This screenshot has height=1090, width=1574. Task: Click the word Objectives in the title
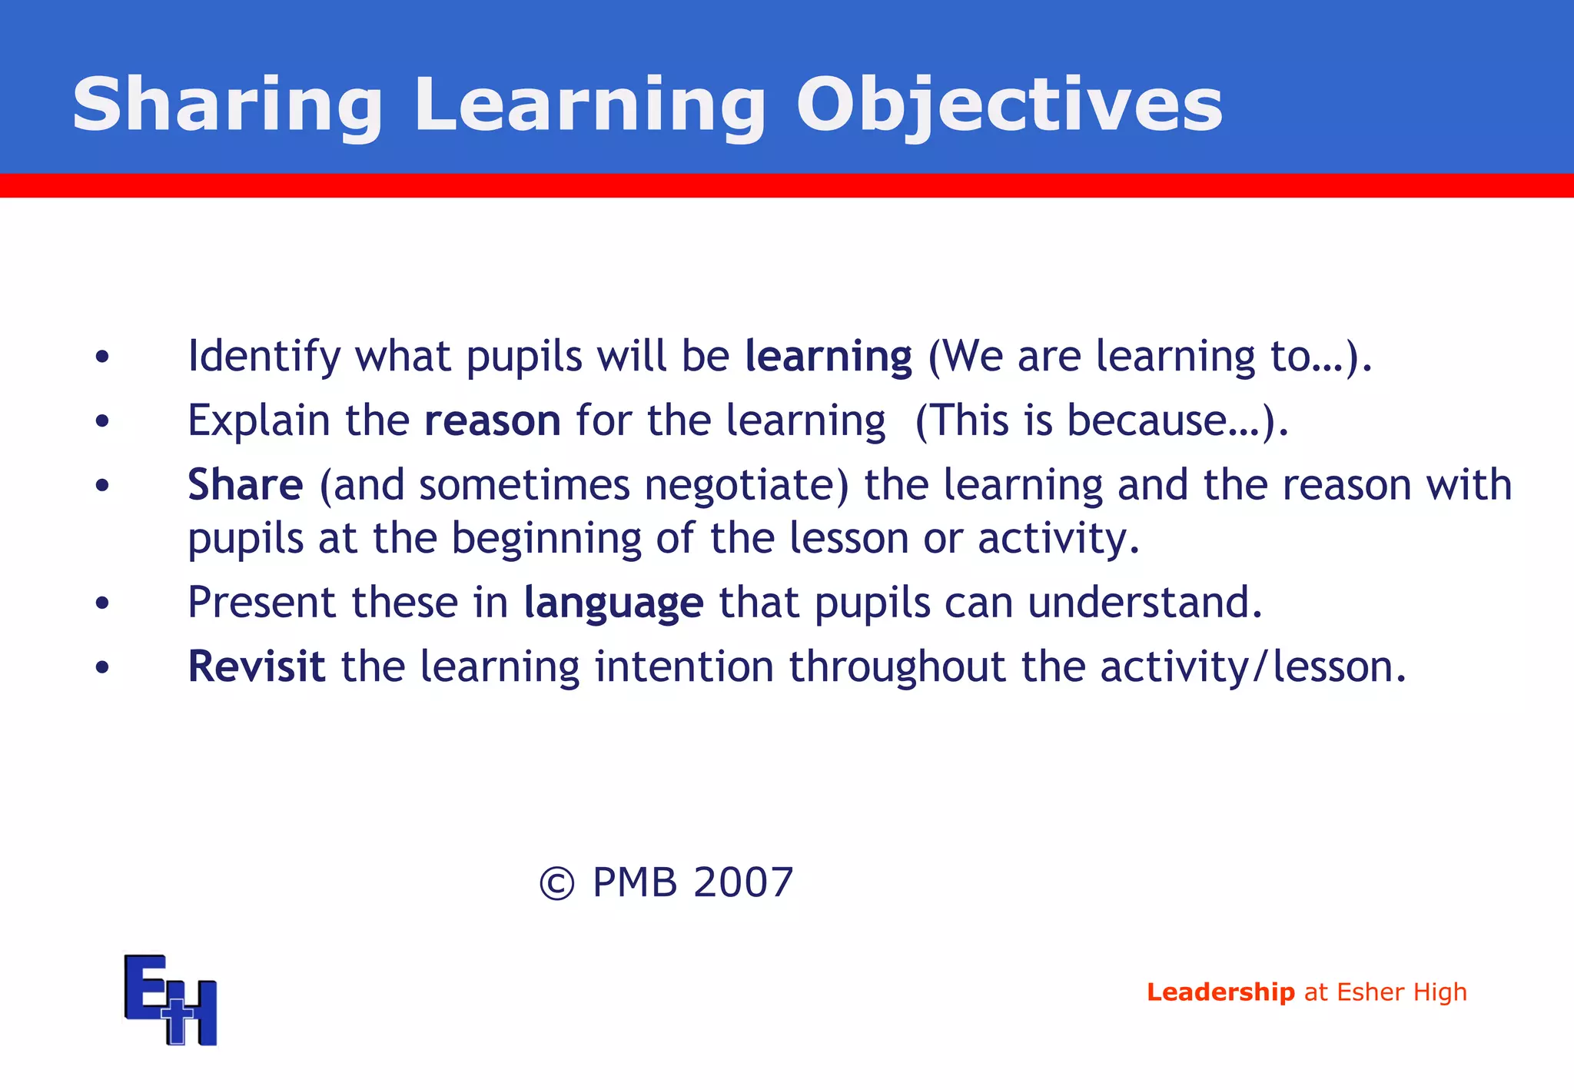1008,106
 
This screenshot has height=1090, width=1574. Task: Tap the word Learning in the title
589,106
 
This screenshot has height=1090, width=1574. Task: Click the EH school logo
171,999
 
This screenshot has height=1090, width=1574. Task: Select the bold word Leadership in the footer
1220,992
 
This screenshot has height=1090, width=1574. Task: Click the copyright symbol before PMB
556,883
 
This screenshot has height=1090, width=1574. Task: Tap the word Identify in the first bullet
264,357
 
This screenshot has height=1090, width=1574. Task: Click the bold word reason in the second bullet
493,420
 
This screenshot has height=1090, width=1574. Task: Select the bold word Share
245,485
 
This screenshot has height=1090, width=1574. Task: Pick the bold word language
613,603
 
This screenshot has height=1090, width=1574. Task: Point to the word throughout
897,666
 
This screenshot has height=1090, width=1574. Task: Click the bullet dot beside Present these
102,603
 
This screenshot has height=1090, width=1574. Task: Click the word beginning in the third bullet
546,538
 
